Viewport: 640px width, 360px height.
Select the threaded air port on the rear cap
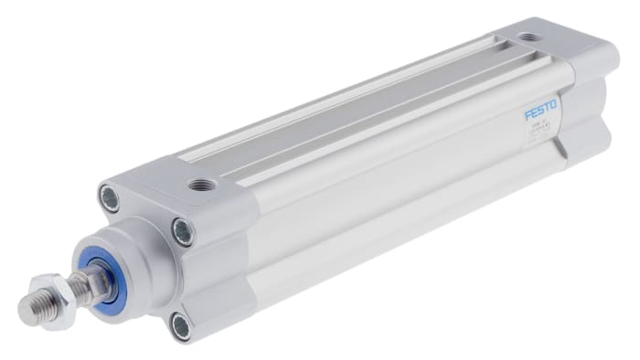point(528,37)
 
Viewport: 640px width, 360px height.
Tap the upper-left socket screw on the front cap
point(109,198)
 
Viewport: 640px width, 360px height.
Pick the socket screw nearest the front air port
point(183,231)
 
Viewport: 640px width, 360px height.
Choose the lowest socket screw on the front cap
point(180,323)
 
